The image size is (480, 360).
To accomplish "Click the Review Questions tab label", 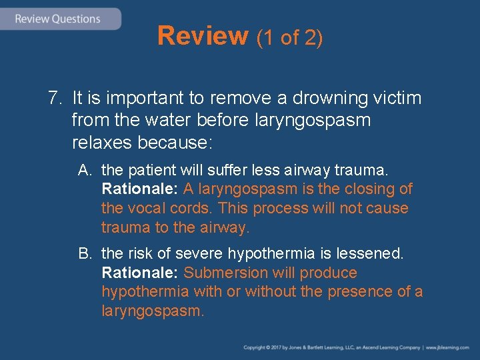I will (x=58, y=19).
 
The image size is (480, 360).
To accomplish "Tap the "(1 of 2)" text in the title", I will (x=290, y=38).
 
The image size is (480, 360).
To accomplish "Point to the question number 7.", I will (x=53, y=99).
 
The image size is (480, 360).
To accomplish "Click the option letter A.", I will (x=84, y=170).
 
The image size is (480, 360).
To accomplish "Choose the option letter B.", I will (x=84, y=254).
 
